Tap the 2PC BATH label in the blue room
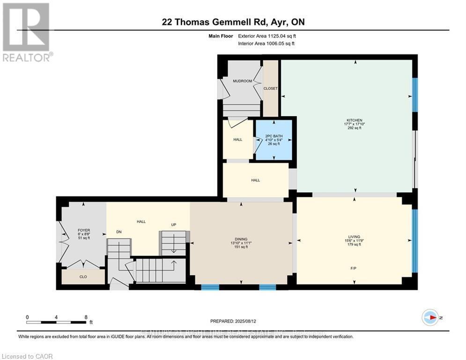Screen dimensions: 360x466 [x=274, y=136]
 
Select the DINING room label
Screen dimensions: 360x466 [x=241, y=239]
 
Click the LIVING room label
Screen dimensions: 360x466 [x=355, y=237]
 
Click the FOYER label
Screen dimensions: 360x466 [x=84, y=231]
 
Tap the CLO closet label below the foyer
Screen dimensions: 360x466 [x=83, y=277]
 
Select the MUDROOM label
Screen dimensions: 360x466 [x=243, y=81]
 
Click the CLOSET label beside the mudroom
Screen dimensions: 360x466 [x=270, y=89]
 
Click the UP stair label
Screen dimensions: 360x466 [x=173, y=225]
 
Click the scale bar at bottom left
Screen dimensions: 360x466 [x=56, y=322]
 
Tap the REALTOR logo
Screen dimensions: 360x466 [x=26, y=32]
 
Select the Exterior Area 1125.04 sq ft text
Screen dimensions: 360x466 [x=267, y=36]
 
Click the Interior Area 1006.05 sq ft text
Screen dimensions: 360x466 [x=267, y=43]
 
